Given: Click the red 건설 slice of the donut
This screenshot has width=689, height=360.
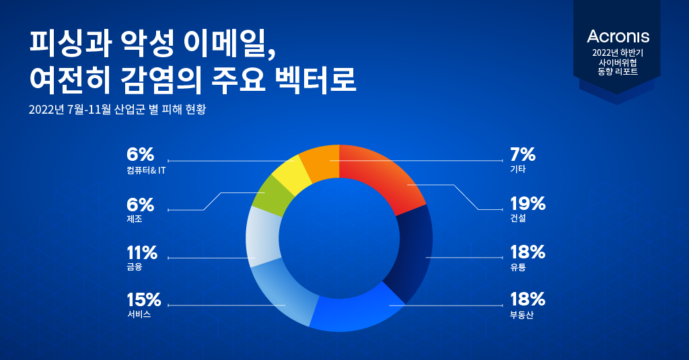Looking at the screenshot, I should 384,175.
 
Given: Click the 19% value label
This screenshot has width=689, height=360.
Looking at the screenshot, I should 528,204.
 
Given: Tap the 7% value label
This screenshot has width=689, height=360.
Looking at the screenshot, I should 523,155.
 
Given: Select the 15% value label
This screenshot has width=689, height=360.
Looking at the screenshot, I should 143,299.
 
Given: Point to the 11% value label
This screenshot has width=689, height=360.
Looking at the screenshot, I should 141,253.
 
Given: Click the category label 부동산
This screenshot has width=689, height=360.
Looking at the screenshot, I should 521,315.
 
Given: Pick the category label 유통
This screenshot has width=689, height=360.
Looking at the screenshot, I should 517,267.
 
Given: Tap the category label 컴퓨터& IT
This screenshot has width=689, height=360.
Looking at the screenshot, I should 145,170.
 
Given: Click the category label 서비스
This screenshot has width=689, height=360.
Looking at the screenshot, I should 138,315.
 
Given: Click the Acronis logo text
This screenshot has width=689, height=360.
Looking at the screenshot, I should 618,36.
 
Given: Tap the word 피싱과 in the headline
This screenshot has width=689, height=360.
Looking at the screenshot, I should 59,43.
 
